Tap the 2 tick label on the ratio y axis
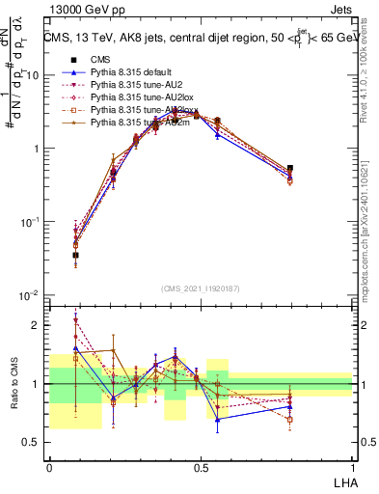pyautogui.click(x=39, y=325)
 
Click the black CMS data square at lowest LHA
pyautogui.click(x=75, y=256)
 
